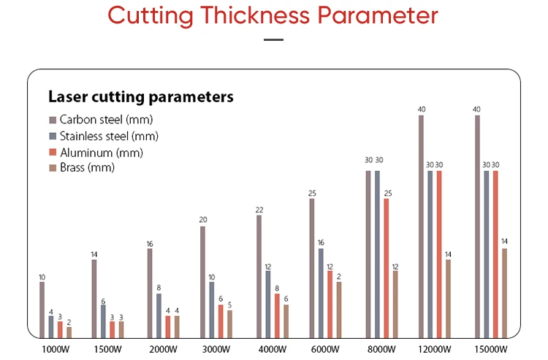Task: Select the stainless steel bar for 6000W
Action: point(321,293)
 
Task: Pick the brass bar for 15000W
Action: point(504,293)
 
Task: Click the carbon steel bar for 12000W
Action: point(422,226)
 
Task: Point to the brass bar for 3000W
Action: point(229,323)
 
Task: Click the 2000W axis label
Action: point(164,348)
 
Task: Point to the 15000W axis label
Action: point(491,348)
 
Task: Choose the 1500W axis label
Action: point(108,348)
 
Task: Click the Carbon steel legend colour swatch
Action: point(53,120)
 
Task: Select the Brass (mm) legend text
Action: point(88,168)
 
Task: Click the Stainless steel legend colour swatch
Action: point(53,136)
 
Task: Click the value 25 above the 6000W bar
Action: point(312,193)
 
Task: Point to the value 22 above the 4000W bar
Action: point(259,210)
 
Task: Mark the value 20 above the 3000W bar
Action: point(203,220)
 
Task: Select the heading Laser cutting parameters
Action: point(141,96)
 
